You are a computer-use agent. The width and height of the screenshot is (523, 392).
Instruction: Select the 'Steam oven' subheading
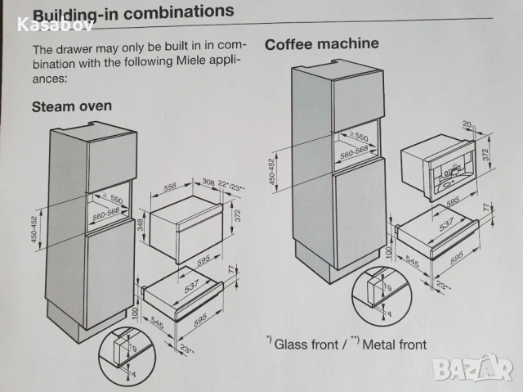tap(72, 106)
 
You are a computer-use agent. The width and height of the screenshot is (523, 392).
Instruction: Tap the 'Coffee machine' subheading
tap(322, 43)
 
